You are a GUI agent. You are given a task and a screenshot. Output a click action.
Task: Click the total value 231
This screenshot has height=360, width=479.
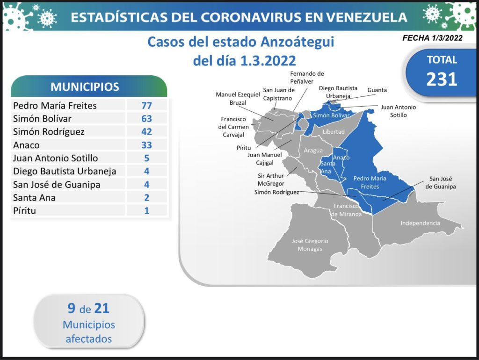[442, 79]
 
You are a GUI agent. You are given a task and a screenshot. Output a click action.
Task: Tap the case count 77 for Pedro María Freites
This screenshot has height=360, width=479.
[146, 105]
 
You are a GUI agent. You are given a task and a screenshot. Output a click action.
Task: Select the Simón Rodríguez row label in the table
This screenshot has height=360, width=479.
[49, 131]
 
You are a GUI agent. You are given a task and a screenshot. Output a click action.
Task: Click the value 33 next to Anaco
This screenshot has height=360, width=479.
[146, 145]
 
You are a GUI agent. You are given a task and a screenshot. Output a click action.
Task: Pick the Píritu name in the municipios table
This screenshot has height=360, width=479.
[24, 210]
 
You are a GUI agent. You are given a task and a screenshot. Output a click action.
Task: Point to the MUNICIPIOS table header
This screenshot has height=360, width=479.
[85, 86]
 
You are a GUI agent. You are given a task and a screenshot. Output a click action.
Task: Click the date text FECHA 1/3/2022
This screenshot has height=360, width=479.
[432, 38]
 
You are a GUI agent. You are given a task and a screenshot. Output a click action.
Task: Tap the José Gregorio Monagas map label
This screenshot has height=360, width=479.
[310, 245]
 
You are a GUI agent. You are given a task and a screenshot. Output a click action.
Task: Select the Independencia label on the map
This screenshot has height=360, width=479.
[421, 223]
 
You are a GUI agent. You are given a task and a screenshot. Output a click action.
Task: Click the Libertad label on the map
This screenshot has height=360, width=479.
[334, 131]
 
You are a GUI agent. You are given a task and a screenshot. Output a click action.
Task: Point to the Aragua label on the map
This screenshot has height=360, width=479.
[313, 150]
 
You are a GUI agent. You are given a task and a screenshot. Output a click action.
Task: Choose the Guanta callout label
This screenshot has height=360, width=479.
[377, 90]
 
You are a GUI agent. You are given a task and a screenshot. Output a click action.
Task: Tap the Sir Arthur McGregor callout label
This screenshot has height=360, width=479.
[271, 180]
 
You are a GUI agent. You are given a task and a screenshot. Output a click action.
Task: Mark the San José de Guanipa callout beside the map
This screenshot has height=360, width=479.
[441, 183]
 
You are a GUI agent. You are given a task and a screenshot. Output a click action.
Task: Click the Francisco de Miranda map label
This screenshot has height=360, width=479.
[347, 210]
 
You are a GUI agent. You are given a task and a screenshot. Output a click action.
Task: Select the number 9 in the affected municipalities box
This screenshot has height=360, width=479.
[72, 308]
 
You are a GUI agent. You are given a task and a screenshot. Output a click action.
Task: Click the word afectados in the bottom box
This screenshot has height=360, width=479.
[89, 338]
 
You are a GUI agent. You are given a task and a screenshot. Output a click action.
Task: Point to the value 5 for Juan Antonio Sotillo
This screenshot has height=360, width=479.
[146, 158]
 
